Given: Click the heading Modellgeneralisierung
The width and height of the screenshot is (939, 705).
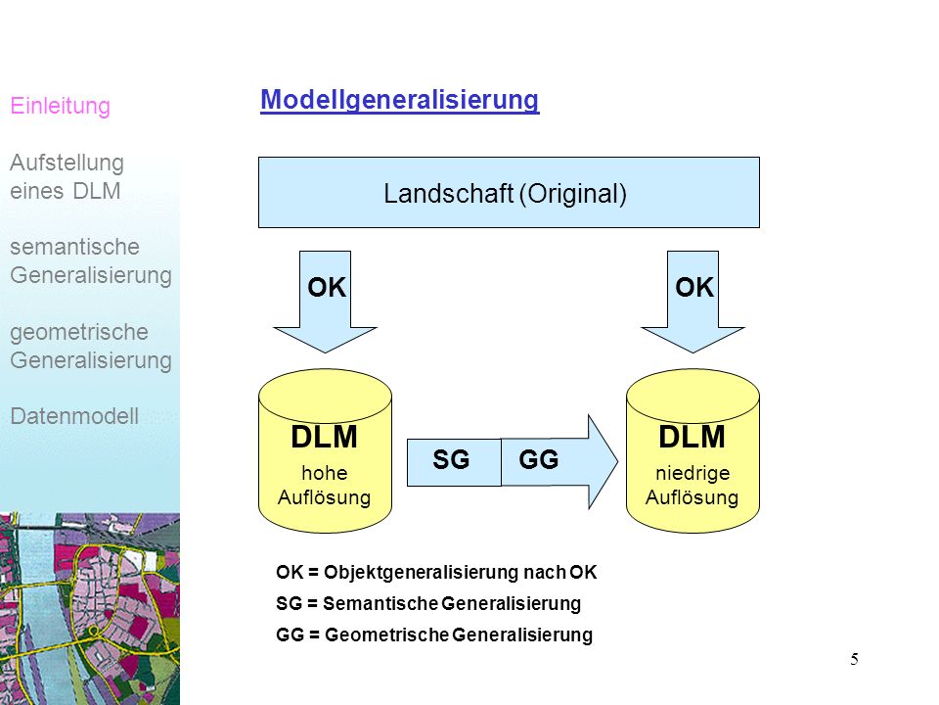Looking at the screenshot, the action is point(399,100).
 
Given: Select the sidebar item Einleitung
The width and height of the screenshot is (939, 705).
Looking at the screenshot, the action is point(61,106).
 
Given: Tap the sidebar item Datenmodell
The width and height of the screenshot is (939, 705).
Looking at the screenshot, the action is point(74,416).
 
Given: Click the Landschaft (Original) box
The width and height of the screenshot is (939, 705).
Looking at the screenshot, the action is point(509,193).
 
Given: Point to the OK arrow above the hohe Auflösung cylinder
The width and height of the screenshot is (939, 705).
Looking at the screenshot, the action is point(325,301).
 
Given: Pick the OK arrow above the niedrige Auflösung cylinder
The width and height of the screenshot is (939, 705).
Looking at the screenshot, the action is point(693,301).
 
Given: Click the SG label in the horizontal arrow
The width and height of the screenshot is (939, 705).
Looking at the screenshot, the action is point(451,460).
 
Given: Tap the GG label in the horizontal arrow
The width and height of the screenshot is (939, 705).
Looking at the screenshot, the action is point(538,460).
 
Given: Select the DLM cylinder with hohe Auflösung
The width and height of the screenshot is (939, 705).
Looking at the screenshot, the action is point(325,450).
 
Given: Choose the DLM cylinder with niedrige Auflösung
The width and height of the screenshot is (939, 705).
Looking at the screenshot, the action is point(693,450).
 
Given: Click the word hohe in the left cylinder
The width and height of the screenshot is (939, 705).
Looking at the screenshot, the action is point(325,473).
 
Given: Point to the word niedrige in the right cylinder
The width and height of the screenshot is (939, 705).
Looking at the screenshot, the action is point(693,473).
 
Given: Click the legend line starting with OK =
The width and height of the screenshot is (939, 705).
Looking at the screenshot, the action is point(436,573).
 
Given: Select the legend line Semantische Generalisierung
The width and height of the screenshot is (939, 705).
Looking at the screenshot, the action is point(428,604).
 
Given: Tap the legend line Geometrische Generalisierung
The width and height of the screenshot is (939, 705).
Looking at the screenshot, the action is point(434,634).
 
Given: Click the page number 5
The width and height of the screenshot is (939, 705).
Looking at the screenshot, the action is point(854,659).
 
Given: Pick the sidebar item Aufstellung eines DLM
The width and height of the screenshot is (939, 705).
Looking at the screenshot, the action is point(67,177).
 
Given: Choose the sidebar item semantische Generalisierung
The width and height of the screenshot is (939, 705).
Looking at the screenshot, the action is point(91,261).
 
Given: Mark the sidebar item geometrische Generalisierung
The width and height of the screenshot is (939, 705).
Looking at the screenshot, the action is point(91,347).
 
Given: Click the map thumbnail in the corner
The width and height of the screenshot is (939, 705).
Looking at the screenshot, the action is point(90,608).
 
